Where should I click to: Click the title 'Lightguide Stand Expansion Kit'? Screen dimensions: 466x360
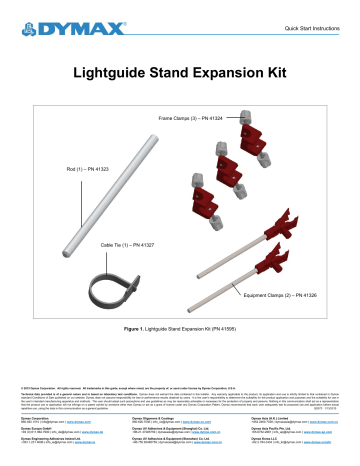coord(180,72)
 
